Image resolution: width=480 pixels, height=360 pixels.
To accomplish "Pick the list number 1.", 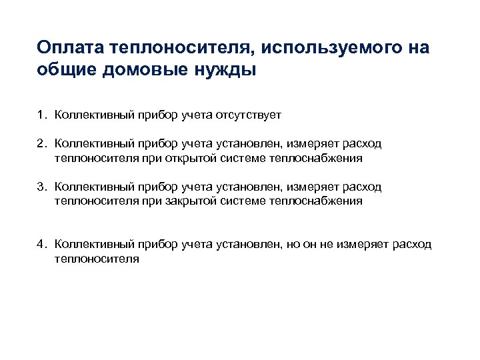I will (41, 115).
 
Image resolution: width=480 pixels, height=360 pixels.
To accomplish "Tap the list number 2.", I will (41, 145).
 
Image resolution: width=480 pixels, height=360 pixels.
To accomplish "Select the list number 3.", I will (41, 187).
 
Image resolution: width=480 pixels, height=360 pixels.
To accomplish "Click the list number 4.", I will (41, 245).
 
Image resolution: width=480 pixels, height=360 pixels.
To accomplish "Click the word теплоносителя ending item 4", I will (97, 259).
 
